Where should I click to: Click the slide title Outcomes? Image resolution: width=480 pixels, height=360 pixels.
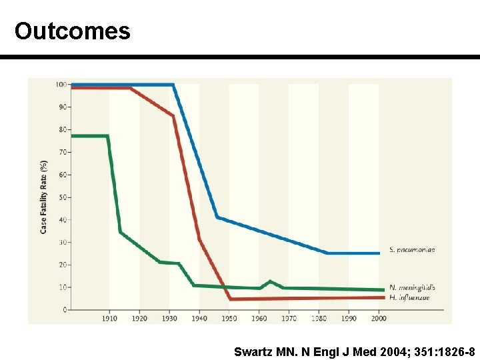click(72, 31)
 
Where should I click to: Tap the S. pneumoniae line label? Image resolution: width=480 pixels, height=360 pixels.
click(412, 250)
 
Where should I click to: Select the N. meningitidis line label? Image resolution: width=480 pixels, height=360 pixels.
click(412, 287)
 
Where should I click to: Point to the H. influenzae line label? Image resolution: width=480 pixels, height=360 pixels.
click(409, 297)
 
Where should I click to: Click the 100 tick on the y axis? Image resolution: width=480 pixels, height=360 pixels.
click(61, 85)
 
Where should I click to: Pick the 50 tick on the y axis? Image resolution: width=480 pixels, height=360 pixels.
click(62, 197)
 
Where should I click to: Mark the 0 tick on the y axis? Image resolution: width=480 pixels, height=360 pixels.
click(64, 310)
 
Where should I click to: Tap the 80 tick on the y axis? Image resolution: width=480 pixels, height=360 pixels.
click(62, 129)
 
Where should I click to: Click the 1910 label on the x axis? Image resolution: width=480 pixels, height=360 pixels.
click(109, 319)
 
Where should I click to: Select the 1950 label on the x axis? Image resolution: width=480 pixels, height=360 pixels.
click(229, 319)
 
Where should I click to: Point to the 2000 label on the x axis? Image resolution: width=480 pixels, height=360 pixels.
click(379, 319)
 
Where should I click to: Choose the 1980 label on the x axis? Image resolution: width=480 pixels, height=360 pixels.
click(319, 319)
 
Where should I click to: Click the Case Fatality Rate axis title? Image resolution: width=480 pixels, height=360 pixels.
click(43, 196)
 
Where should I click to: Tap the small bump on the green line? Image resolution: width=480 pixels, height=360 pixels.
click(269, 281)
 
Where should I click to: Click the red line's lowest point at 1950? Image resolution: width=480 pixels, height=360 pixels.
click(230, 299)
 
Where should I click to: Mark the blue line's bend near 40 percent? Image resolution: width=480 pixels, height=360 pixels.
click(217, 217)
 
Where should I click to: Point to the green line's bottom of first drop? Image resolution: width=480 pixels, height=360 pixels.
click(120, 232)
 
